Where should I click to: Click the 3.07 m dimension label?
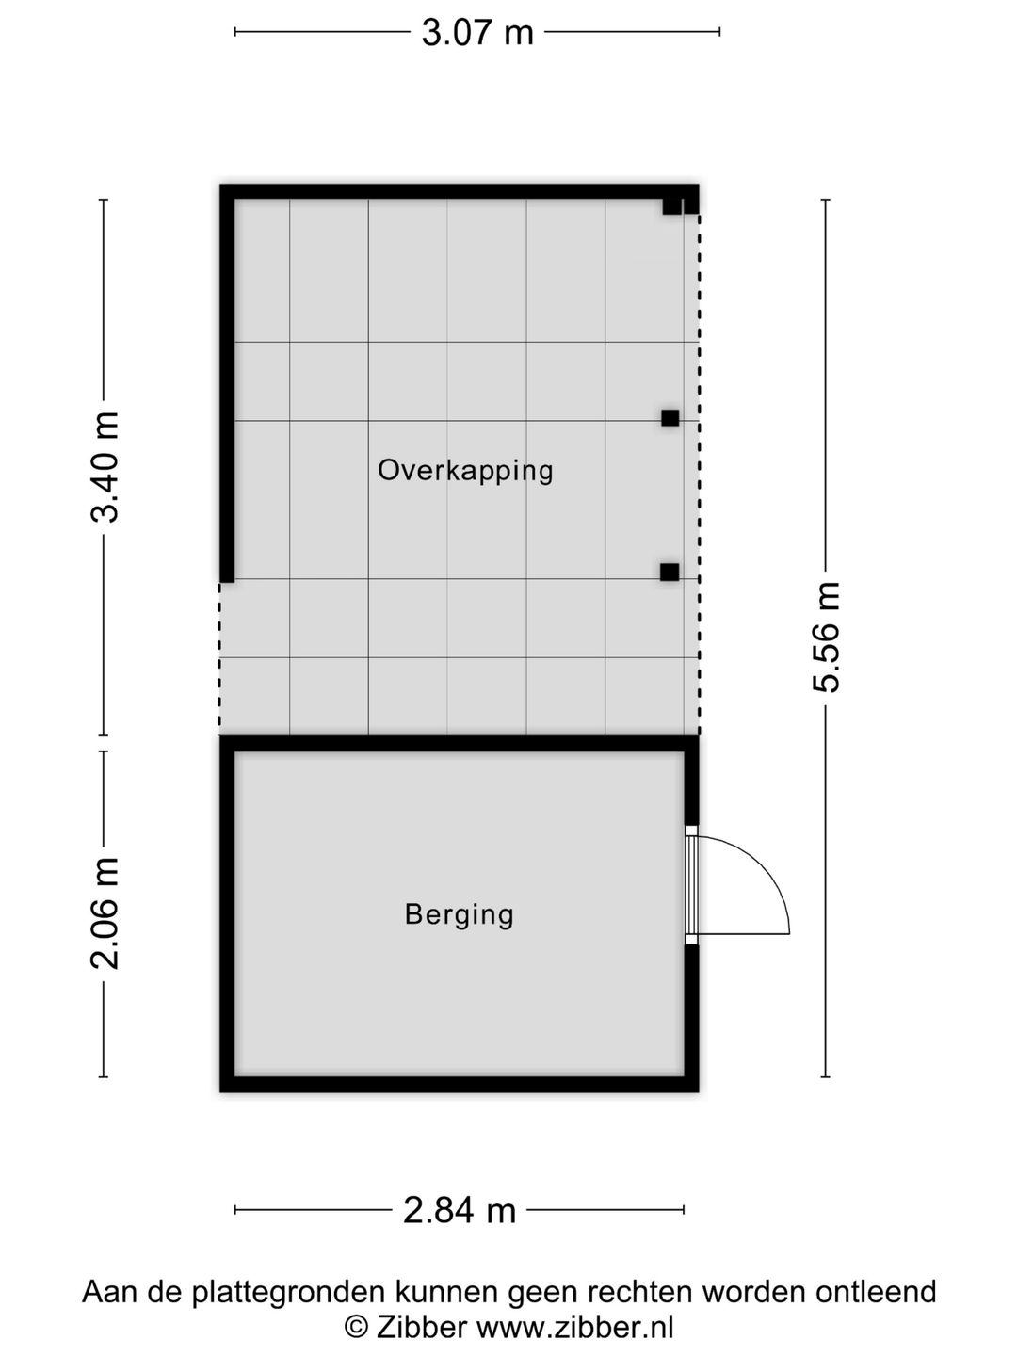click(477, 33)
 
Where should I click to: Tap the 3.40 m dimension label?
click(104, 467)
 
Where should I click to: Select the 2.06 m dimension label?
click(104, 913)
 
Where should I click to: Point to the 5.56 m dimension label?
click(826, 637)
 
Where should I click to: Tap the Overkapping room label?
click(465, 471)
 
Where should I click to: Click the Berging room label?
click(460, 914)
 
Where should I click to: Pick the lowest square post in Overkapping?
click(670, 572)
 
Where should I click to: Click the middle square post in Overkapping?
click(670, 418)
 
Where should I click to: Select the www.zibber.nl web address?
click(575, 1327)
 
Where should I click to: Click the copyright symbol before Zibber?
click(356, 1327)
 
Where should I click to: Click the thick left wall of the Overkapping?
click(227, 383)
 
